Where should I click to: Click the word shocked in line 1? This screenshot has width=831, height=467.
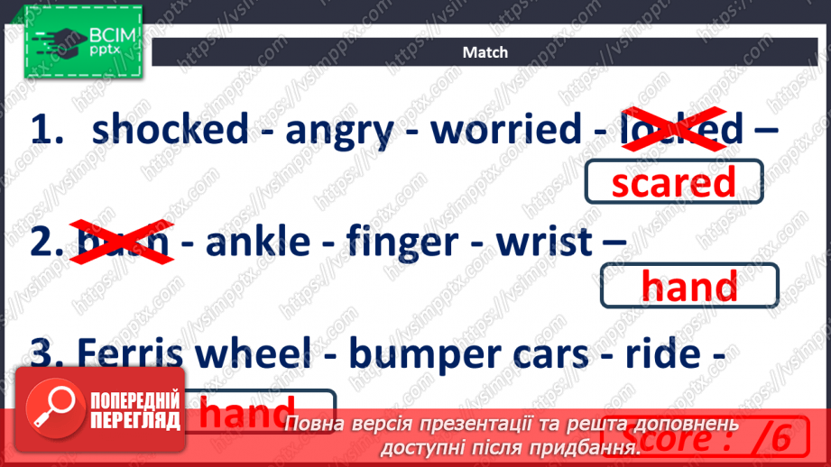tap(170, 130)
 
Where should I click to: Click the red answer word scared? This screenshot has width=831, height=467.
tap(673, 183)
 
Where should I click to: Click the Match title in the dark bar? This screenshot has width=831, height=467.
tap(485, 52)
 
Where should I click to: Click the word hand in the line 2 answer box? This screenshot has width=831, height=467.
tap(688, 287)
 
